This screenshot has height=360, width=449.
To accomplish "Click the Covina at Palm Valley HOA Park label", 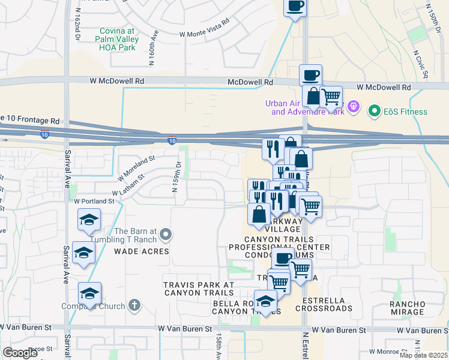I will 117,40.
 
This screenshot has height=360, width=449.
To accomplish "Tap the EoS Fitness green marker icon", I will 375,111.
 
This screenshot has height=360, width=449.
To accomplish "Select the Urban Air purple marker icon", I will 354,107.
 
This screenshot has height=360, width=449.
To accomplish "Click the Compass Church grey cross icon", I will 134,305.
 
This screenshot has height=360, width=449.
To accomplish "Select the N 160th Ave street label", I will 154,47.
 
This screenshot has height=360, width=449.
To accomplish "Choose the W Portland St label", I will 94,201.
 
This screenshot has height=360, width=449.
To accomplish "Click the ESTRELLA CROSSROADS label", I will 328,304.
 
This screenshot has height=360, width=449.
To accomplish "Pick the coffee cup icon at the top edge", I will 294,7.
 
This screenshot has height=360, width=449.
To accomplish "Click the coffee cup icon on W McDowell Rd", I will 310,75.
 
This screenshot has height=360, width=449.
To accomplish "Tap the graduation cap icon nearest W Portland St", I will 89,219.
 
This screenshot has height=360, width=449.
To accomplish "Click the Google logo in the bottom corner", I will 20,352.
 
